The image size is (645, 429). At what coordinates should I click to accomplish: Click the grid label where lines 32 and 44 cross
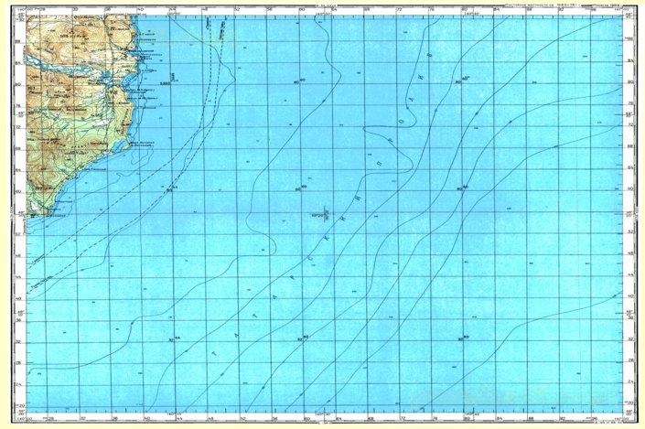pyautogui.click(x=171, y=339)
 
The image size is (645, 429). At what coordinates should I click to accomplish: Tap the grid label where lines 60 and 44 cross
pyautogui.click(x=171, y=190)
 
